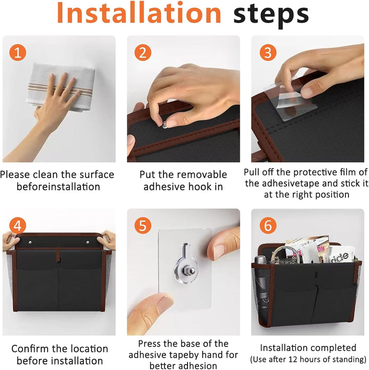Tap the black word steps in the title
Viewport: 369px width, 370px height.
pos(271,15)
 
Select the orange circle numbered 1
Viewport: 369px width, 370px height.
pos(17,52)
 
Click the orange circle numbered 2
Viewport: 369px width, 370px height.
pos(143,52)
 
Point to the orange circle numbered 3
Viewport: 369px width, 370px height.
pos(268,52)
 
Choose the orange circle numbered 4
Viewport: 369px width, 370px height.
pos(17,226)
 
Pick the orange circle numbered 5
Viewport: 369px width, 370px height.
pos(143,226)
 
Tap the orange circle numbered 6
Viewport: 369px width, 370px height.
pos(268,226)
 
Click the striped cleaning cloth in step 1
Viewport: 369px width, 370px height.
pos(61,87)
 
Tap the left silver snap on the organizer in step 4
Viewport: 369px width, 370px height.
pos(30,242)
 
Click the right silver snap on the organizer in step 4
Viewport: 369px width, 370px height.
pos(88,242)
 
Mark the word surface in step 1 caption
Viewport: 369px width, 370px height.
pos(97,175)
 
